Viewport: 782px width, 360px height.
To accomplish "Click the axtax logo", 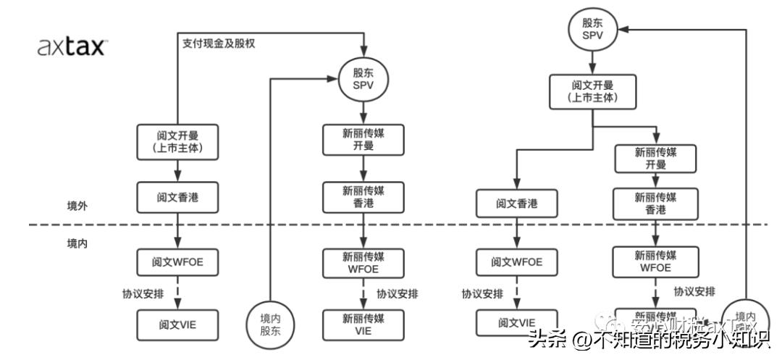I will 72,48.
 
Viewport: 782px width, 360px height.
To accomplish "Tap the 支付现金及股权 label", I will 218,43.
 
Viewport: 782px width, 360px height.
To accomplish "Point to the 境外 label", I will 77,206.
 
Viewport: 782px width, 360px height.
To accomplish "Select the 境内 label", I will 77,243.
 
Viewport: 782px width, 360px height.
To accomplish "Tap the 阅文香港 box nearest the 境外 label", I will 177,197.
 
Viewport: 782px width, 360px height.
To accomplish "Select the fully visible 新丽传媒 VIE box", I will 363,325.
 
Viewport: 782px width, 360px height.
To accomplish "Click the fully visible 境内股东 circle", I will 269,324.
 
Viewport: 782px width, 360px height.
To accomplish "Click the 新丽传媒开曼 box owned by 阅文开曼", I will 655,159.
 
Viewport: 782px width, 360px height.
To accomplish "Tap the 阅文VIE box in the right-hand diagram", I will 517,322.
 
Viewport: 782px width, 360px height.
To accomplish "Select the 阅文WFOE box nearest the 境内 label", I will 177,261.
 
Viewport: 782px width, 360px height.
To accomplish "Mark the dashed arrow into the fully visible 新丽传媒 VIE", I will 363,293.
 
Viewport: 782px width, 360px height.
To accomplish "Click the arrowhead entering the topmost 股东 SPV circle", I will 623,29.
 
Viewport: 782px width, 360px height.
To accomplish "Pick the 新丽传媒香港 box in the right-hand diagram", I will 655,204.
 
